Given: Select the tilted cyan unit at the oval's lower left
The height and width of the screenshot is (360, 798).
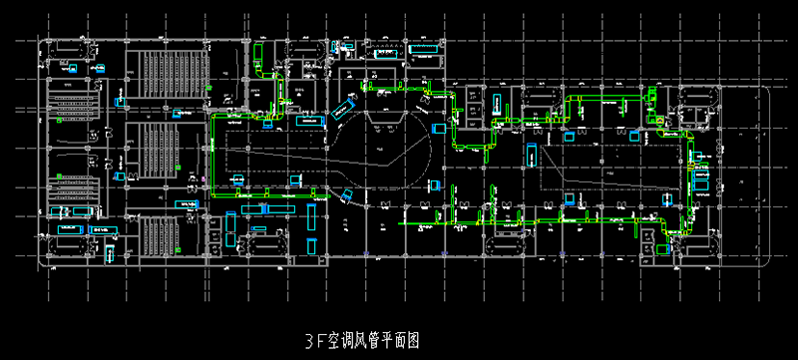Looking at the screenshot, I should pos(345,195).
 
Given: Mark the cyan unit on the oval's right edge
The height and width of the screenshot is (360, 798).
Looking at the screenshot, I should pos(438,129).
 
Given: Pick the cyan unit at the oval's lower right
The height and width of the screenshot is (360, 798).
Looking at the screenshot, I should pos(433,185).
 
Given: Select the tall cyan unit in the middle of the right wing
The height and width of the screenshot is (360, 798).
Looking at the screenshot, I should pos(531,155).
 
